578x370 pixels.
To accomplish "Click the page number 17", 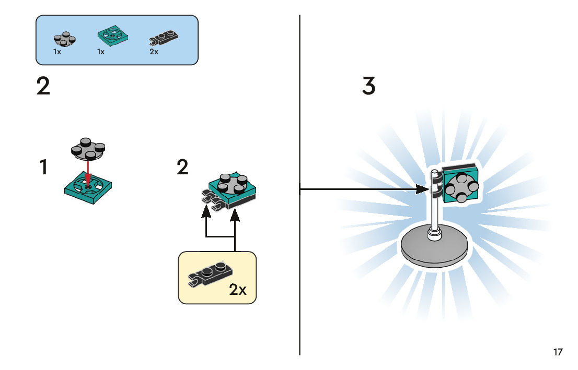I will [x=558, y=352].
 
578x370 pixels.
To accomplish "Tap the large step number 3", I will [x=368, y=86].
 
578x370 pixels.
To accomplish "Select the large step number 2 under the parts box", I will [x=43, y=86].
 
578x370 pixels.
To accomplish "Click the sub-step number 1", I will [x=44, y=168].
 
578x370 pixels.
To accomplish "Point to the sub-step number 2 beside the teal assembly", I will [x=182, y=168].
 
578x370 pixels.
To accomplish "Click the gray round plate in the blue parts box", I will [x=64, y=40].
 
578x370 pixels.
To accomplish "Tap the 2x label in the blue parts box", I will [x=154, y=52].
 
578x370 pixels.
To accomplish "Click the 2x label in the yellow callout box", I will [x=238, y=290].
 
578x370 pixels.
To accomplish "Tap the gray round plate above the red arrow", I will [x=87, y=148].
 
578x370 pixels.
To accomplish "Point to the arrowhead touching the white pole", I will [x=424, y=189].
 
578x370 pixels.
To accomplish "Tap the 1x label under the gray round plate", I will [x=56, y=52].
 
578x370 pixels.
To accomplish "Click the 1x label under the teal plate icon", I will [x=101, y=52].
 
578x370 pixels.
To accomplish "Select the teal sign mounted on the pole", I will [x=460, y=183].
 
